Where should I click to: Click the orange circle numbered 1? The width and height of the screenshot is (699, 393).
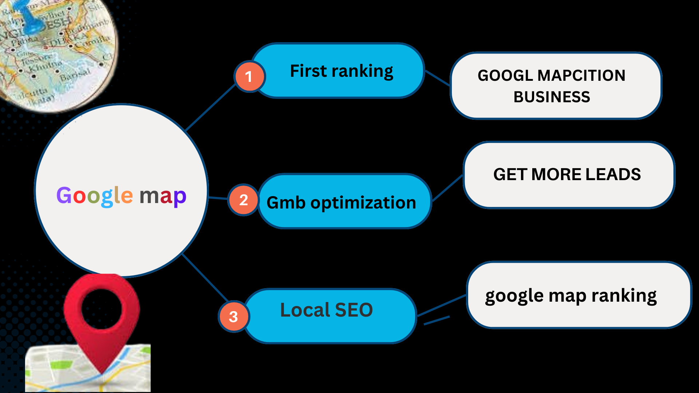click(249, 76)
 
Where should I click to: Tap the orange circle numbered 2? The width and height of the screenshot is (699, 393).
click(244, 200)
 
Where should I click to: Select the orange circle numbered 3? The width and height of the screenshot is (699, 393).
click(234, 316)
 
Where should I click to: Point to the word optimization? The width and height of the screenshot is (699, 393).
click(363, 203)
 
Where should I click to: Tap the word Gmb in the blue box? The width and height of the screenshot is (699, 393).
click(286, 203)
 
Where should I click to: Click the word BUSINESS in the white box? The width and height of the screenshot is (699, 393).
click(552, 97)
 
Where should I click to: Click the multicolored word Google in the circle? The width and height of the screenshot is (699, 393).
click(95, 196)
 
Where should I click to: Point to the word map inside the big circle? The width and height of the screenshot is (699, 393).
click(163, 196)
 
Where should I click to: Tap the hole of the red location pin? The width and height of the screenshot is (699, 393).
click(102, 308)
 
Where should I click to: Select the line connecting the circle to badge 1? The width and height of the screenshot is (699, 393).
click(210, 107)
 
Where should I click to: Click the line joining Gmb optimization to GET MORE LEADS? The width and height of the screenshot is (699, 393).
click(447, 188)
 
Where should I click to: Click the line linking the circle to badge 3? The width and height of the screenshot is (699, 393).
click(205, 277)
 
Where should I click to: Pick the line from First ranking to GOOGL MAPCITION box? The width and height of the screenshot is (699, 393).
click(438, 78)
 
